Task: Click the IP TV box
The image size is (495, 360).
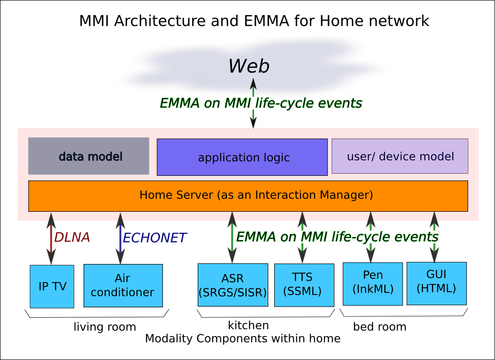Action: (x=52, y=286)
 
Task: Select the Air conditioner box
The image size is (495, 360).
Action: (x=123, y=285)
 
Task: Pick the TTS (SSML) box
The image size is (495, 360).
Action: (x=304, y=285)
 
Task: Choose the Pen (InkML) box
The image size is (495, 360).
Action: (x=373, y=284)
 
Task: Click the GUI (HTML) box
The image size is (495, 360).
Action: (x=436, y=283)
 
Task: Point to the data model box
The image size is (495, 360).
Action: (x=89, y=156)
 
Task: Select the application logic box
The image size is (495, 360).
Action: (x=242, y=157)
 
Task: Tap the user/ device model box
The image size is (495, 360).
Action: (x=400, y=156)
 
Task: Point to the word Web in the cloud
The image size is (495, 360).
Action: (x=249, y=66)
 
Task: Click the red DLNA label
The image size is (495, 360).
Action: (x=72, y=238)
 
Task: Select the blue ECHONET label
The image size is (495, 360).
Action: (x=154, y=238)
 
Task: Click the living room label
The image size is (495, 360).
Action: (x=105, y=327)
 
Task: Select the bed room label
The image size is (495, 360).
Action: (x=380, y=327)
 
